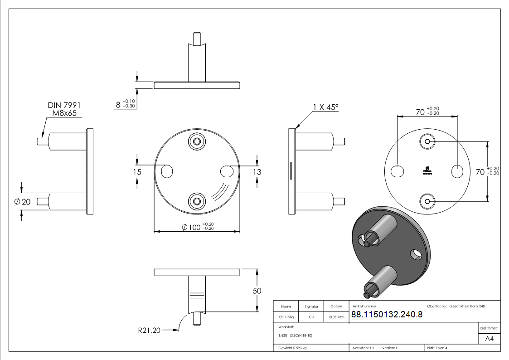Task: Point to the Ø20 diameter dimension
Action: (x=23, y=202)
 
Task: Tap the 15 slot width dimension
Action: (x=137, y=171)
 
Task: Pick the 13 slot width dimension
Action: (x=257, y=172)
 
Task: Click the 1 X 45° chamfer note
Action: (x=325, y=107)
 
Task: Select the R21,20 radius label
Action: (x=149, y=331)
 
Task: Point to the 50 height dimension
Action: (x=257, y=291)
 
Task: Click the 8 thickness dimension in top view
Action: (x=118, y=104)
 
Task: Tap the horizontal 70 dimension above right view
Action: (x=420, y=112)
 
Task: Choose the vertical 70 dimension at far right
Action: (x=480, y=171)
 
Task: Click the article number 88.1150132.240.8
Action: (x=387, y=315)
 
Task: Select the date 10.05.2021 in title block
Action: (x=336, y=317)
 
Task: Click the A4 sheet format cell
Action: (x=490, y=338)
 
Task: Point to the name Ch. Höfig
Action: (x=286, y=317)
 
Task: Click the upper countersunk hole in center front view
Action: (x=197, y=141)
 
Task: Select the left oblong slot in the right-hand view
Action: (x=398, y=171)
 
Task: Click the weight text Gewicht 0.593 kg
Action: (x=292, y=348)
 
